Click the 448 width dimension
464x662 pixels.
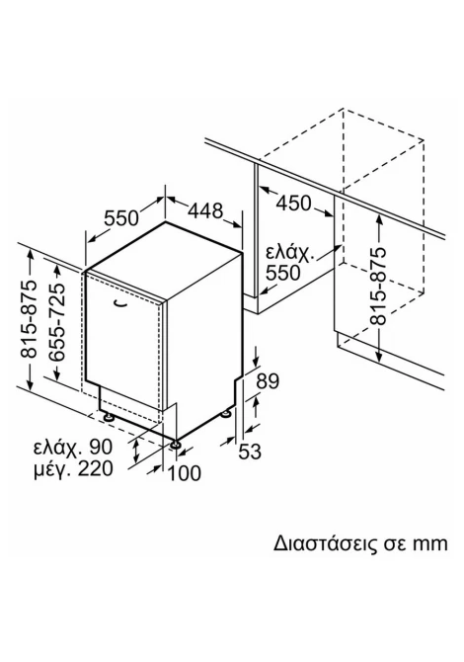coord(204,210)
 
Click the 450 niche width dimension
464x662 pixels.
coord(293,204)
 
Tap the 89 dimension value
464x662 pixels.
coord(268,381)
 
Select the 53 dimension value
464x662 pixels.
coord(250,452)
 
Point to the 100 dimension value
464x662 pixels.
coord(185,473)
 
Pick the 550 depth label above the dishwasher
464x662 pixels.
coord(121,218)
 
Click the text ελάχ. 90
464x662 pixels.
coord(73,448)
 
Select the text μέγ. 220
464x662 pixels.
coord(73,468)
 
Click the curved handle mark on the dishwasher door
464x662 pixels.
coord(121,302)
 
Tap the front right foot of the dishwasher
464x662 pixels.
coord(176,446)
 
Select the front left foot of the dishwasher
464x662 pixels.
coord(109,417)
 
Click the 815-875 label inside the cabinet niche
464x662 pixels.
coord(378,287)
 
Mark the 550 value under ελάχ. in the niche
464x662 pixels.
coord(283,273)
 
